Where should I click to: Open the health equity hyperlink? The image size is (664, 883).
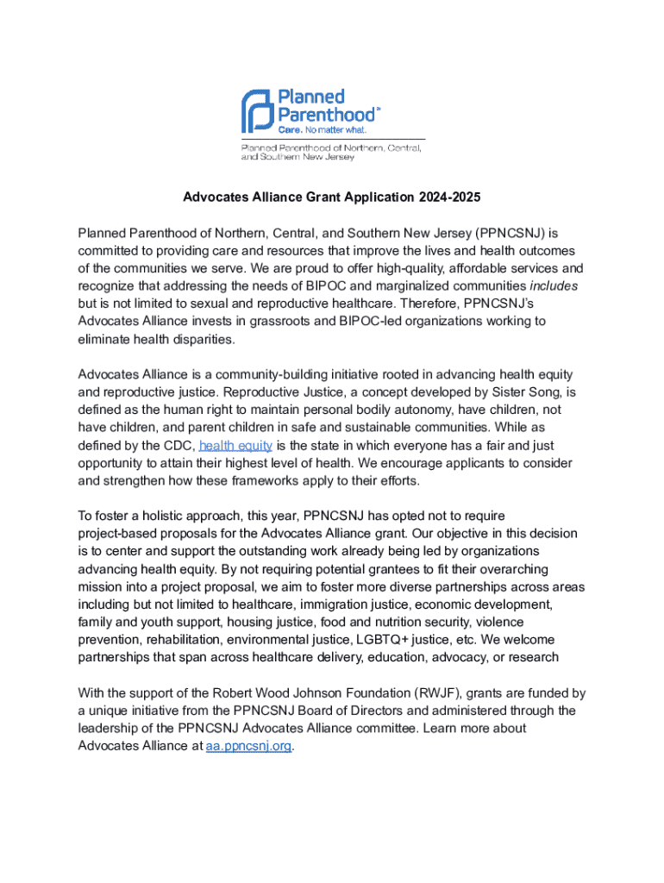tap(235, 446)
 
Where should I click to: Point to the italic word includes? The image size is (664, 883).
tap(552, 285)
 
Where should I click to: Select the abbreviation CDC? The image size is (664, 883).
tap(176, 446)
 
